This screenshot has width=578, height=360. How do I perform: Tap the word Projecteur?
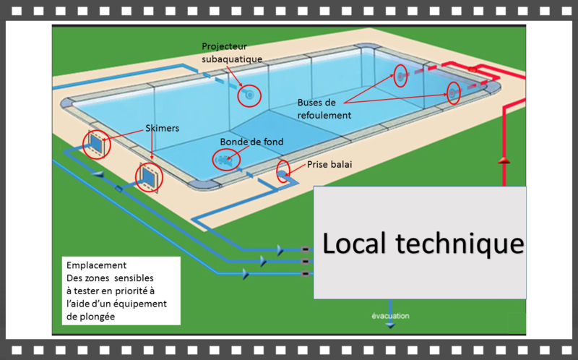click(224, 46)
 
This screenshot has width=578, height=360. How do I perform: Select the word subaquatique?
click(232, 59)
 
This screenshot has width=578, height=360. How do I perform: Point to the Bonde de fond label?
click(252, 142)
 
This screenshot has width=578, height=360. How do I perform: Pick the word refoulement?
click(324, 115)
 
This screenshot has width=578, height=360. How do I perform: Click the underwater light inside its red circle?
click(249, 95)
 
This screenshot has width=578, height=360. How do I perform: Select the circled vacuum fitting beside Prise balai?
click(282, 171)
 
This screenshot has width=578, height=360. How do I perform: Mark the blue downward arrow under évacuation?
click(391, 325)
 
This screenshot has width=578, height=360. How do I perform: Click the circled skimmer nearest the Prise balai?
click(149, 176)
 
